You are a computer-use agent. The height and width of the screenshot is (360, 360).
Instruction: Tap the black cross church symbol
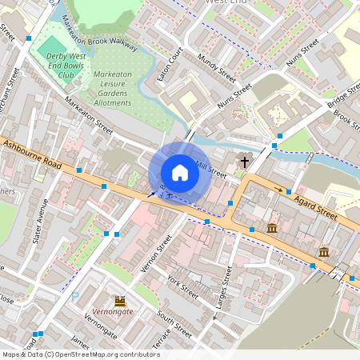click(x=243, y=162)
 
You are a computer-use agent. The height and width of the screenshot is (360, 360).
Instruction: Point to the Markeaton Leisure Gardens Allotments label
click(x=112, y=88)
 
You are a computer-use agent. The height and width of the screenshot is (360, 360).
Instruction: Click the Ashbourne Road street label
click(x=32, y=152)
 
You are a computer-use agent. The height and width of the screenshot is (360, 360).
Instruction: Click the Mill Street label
click(x=212, y=170)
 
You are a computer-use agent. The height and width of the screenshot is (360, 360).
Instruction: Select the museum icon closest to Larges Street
click(x=272, y=230)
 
